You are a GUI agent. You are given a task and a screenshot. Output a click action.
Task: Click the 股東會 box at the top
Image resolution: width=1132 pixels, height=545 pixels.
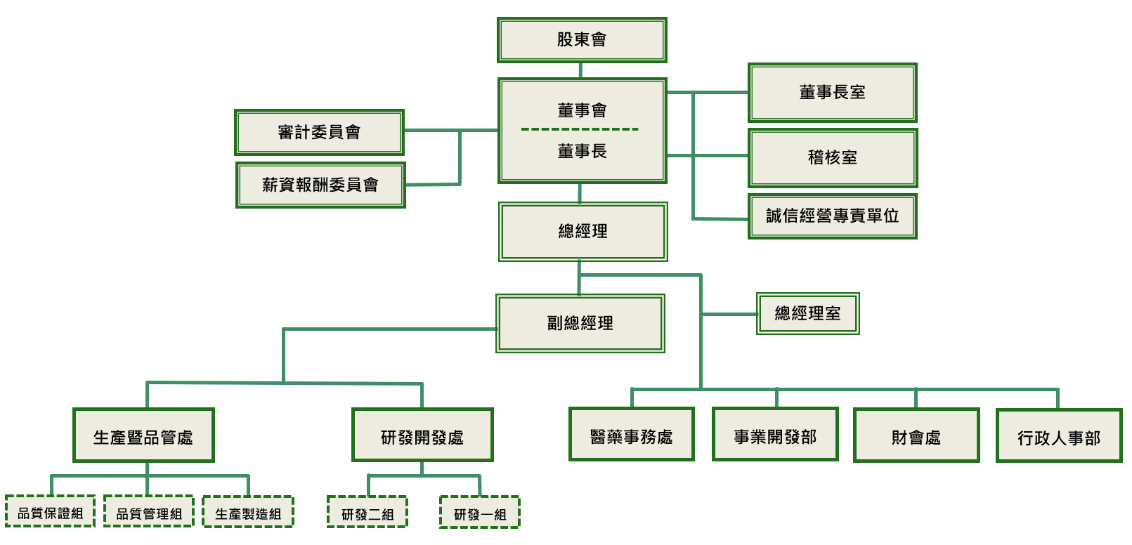(x=582, y=40)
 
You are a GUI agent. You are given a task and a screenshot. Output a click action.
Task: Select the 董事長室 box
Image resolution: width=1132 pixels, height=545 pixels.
(x=833, y=93)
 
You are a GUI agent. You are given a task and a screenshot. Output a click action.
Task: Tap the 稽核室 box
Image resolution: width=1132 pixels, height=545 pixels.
(x=833, y=157)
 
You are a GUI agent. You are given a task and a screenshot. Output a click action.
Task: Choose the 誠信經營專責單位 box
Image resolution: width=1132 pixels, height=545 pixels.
(x=833, y=216)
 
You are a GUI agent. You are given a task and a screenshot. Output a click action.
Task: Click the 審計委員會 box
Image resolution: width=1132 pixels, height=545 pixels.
(x=319, y=132)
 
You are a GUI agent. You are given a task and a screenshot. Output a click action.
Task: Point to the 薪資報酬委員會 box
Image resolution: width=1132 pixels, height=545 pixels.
(x=320, y=185)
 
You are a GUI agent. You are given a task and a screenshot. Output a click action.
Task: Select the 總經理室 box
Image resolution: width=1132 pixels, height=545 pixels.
(x=808, y=313)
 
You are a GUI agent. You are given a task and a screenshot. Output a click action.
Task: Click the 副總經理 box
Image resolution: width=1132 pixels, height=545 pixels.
(x=580, y=323)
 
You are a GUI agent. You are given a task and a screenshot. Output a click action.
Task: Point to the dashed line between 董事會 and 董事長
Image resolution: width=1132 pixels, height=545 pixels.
(x=580, y=129)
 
